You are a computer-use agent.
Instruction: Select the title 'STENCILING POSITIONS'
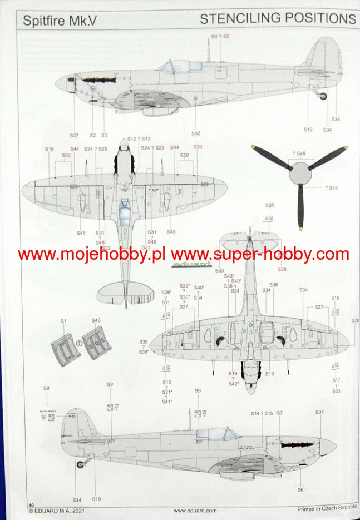click(x=278, y=18)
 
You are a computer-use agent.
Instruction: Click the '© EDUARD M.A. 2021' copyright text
click(x=58, y=510)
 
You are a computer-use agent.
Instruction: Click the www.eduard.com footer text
click(x=190, y=510)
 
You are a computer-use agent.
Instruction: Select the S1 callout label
click(x=63, y=321)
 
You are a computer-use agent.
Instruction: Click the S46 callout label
click(x=96, y=321)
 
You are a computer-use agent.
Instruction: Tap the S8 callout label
click(x=46, y=388)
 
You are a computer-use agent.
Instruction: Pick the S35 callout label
click(x=270, y=205)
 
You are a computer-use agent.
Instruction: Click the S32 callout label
click(x=196, y=133)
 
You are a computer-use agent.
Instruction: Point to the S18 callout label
click(x=50, y=149)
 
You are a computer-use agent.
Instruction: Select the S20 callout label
click(x=198, y=147)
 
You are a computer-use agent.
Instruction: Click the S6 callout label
click(x=300, y=489)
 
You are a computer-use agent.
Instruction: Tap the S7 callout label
click(x=279, y=413)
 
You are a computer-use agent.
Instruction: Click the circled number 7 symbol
click(x=79, y=344)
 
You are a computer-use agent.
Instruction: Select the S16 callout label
click(x=335, y=298)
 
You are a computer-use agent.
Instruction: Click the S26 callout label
click(x=282, y=270)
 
